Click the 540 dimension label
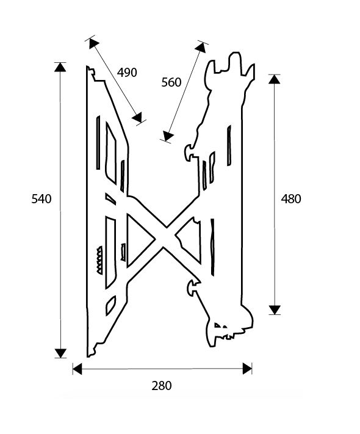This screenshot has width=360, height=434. (41, 199)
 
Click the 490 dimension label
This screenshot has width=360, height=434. (127, 73)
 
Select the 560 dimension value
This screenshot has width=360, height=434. (171, 82)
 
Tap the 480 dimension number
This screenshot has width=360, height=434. (291, 199)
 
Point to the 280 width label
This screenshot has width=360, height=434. (162, 386)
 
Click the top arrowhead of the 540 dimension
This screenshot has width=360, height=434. (60, 67)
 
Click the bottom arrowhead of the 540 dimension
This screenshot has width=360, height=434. (60, 353)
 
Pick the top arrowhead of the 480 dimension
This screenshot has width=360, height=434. (275, 79)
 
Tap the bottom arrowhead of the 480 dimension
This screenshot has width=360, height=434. (275, 310)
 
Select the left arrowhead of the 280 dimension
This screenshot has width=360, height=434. (77, 369)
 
